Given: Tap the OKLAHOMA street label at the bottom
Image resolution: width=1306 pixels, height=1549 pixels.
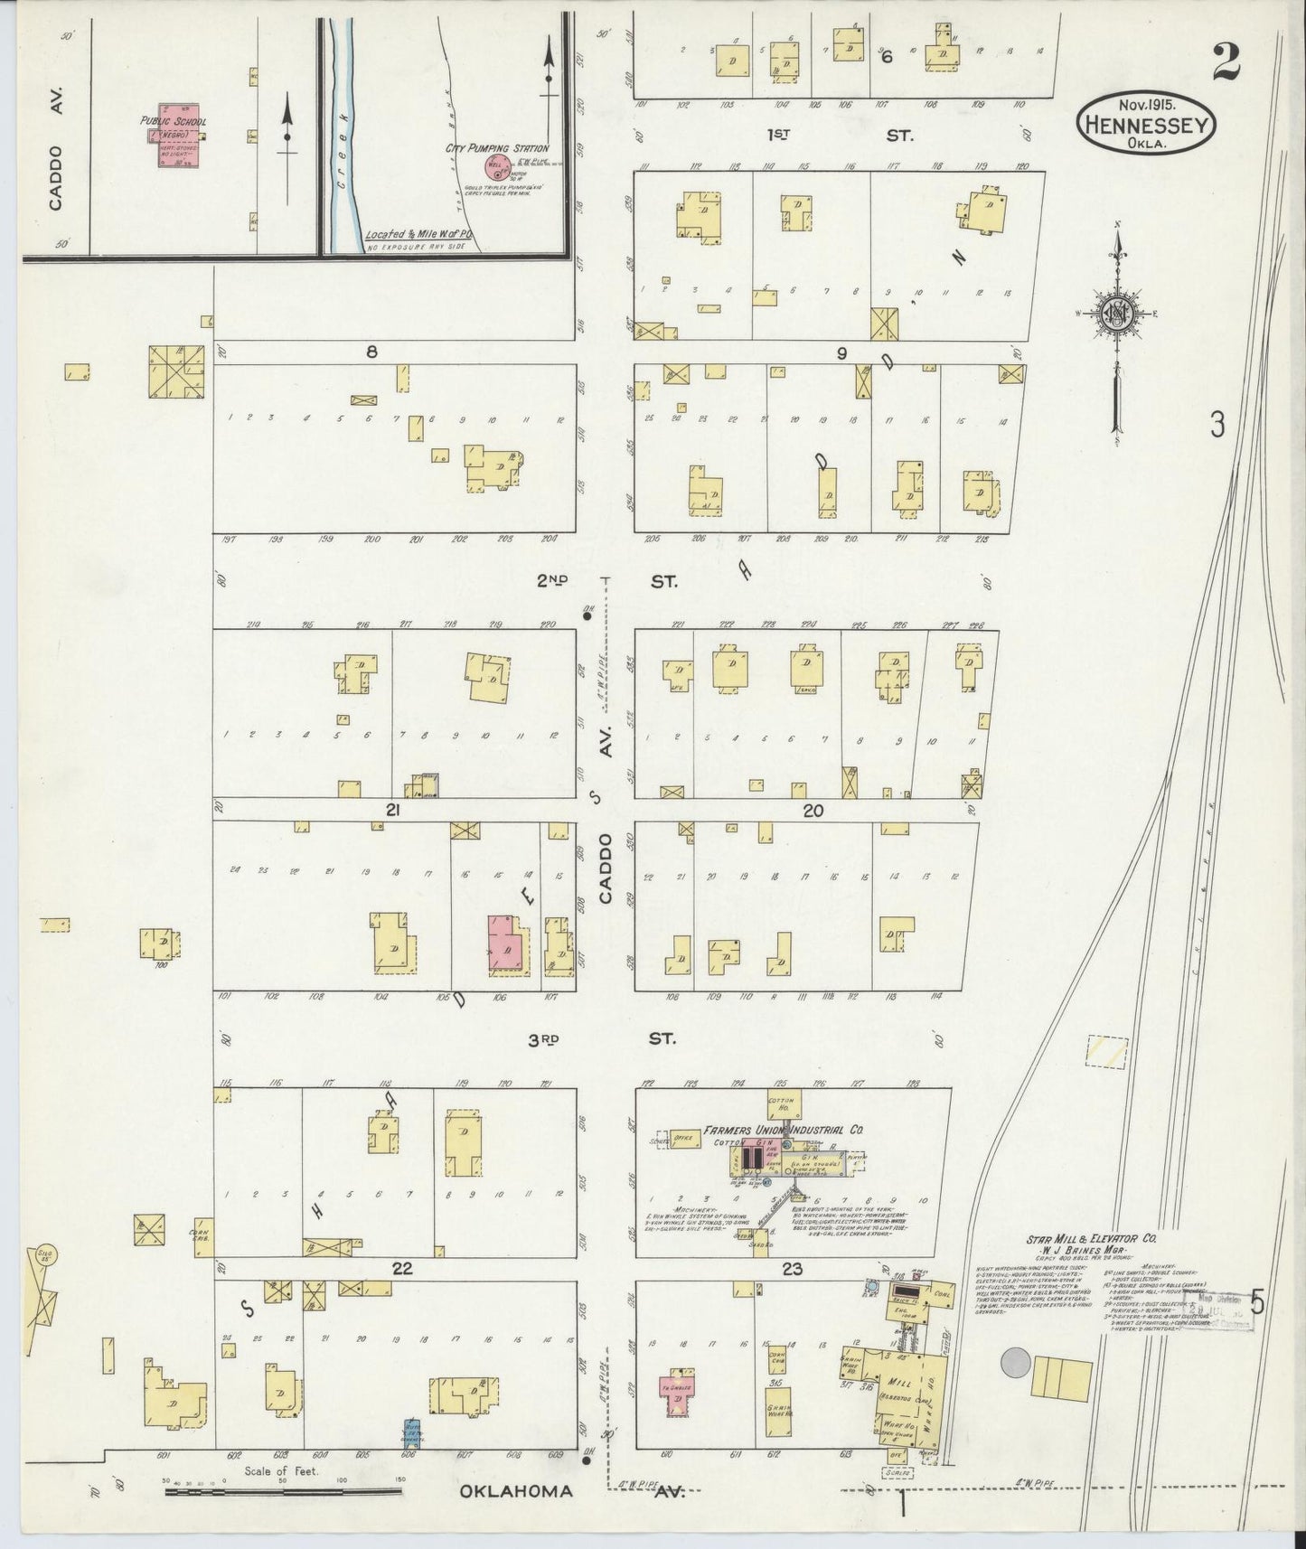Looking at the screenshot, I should click(x=516, y=1491).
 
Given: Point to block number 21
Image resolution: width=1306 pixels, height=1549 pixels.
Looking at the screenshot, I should click(x=392, y=811).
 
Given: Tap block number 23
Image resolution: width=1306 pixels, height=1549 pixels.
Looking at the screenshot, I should click(x=792, y=1269).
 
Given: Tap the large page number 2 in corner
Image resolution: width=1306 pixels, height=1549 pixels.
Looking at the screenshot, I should click(x=1226, y=62).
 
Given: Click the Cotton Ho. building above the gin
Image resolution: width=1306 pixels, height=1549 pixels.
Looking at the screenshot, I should click(x=779, y=1104).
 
